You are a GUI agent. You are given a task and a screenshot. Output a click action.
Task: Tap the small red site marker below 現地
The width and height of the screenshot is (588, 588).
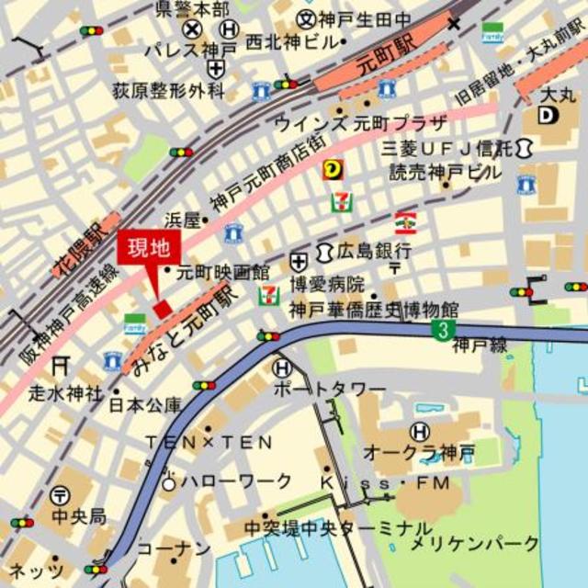point(163,309)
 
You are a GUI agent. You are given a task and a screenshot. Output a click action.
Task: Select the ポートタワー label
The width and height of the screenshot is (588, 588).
point(329,390)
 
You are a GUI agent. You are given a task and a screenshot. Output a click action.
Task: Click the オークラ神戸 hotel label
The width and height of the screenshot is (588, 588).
point(419,452)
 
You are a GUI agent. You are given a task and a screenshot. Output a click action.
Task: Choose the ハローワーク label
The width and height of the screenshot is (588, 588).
point(236,481)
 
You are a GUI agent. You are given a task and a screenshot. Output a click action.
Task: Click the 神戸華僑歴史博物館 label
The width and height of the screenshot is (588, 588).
point(373,310)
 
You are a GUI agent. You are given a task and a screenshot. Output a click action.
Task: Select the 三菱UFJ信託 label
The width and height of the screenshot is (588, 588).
point(447,147)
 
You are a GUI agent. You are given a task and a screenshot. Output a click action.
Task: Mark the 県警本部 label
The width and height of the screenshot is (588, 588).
point(191,8)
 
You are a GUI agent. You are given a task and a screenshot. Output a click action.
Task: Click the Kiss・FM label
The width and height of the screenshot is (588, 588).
point(386,482)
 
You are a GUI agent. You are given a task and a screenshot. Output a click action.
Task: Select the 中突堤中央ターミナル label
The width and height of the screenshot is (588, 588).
point(337,528)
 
